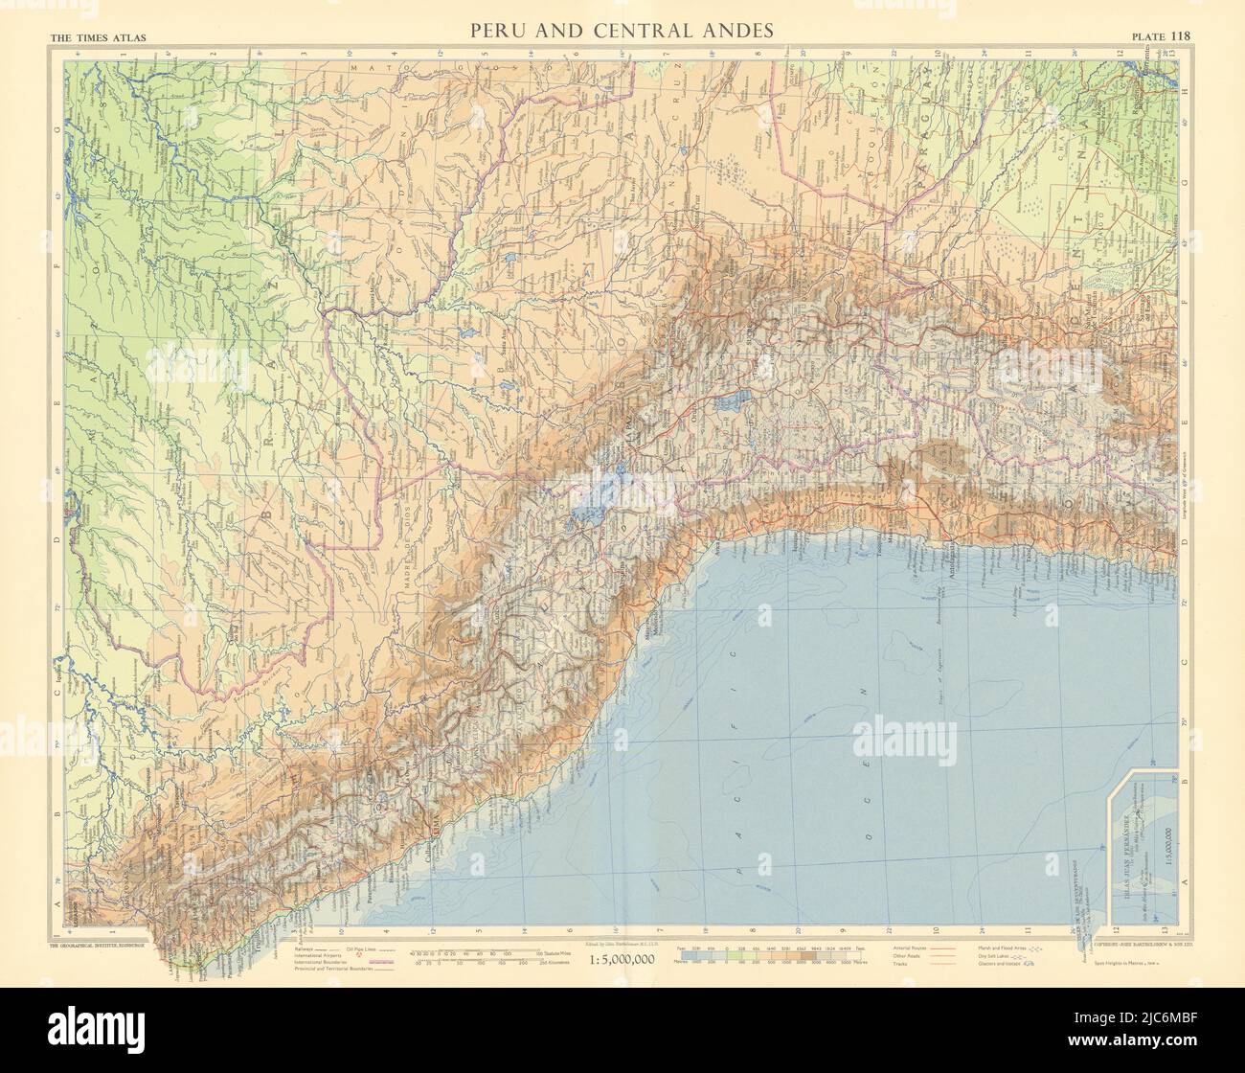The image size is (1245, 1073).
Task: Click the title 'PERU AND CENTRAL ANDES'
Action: pyautogui.click(x=622, y=31)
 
